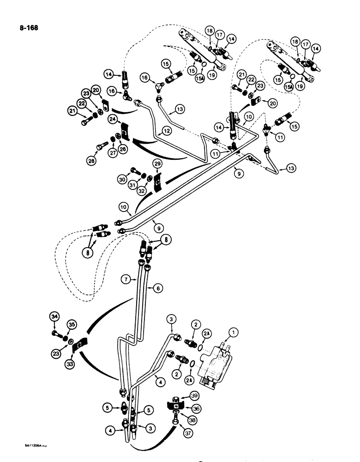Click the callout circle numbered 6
coord(158,287)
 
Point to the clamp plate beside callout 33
coord(80,345)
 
